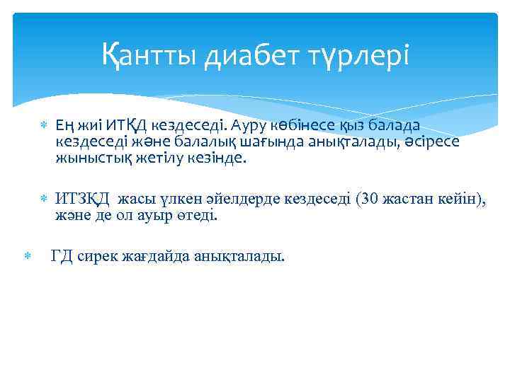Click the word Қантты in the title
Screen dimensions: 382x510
click(149, 54)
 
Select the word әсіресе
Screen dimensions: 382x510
click(433, 142)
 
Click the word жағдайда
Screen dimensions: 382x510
click(151, 255)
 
